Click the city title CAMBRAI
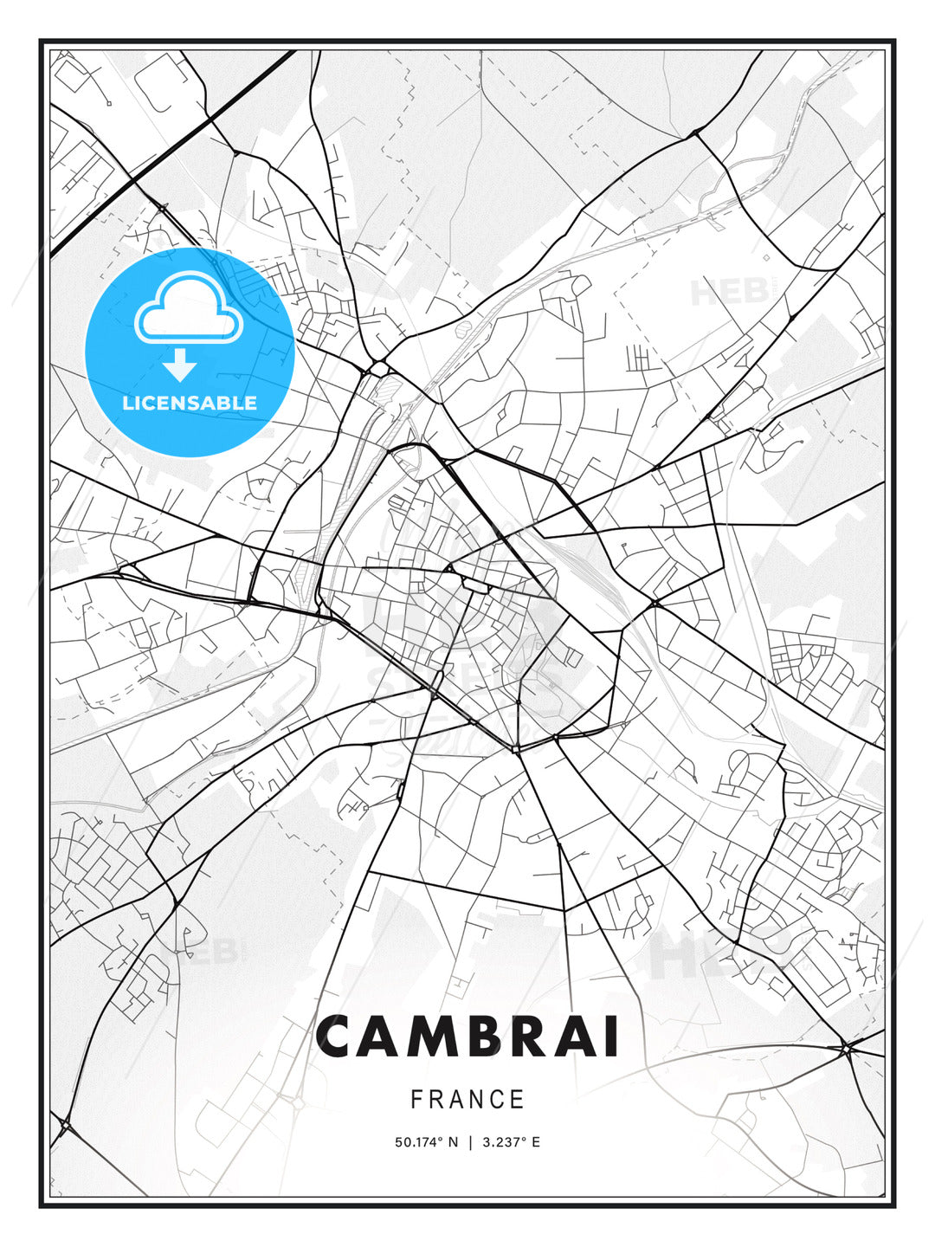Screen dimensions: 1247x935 467,1037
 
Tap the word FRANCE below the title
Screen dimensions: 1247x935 467,1100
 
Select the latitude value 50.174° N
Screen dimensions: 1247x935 426,1142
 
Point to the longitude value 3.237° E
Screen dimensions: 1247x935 511,1142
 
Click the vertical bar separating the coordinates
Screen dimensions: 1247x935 470,1142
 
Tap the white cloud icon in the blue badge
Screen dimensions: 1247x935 186,311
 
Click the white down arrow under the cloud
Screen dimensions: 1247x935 180,365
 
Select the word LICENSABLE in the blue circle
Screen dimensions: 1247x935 190,403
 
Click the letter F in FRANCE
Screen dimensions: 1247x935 416,1100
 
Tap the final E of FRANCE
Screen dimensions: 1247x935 518,1100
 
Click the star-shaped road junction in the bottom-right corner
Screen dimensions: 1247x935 846,1050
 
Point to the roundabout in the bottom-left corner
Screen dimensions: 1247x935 66,1124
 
